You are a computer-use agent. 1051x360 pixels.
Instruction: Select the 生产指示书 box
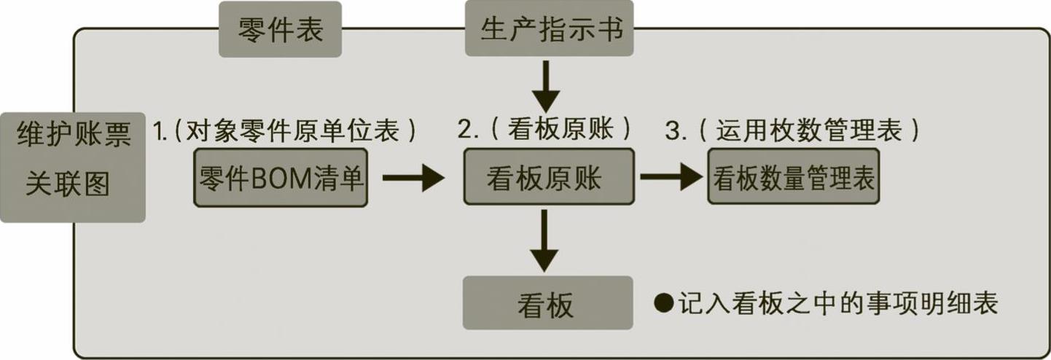(x=549, y=29)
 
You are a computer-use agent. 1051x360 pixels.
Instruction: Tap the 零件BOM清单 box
(x=281, y=178)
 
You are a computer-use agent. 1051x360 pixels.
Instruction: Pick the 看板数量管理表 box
(x=794, y=177)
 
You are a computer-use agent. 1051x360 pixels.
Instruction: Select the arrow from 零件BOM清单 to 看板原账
(x=413, y=177)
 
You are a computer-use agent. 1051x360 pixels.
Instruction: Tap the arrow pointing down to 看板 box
(x=544, y=240)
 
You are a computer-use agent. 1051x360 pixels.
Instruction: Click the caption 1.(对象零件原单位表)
(x=285, y=130)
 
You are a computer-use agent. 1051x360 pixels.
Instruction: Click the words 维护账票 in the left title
(x=74, y=136)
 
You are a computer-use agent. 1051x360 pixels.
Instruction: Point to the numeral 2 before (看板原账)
(x=465, y=130)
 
